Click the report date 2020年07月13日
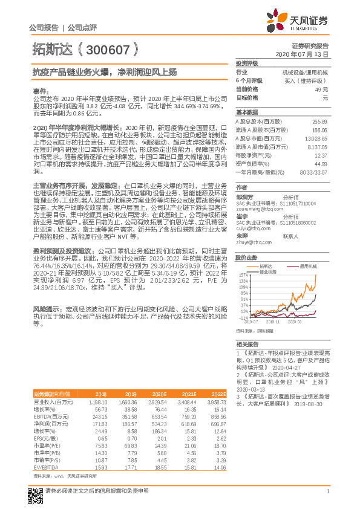click(306, 54)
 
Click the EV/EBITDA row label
click(44, 450)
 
